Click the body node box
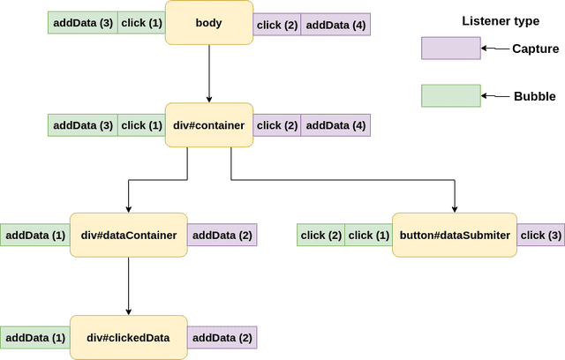coord(208,23)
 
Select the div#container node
coord(208,125)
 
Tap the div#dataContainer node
coord(129,235)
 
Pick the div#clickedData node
coord(129,337)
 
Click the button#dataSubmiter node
coord(454,235)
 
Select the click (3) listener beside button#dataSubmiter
coord(540,235)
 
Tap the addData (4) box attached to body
coord(335,24)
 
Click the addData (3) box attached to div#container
coord(82,126)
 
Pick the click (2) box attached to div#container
coord(277,126)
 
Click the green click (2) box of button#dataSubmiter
coord(320,236)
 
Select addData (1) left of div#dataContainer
coord(35,236)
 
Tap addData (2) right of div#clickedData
coord(222,338)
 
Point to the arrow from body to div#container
coord(208,74)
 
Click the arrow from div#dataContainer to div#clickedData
coord(129,286)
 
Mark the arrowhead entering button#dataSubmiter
coord(454,207)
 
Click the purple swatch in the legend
coord(451,49)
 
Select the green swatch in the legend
coord(451,95)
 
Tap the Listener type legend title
coord(501,19)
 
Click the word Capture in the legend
coord(536,49)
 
